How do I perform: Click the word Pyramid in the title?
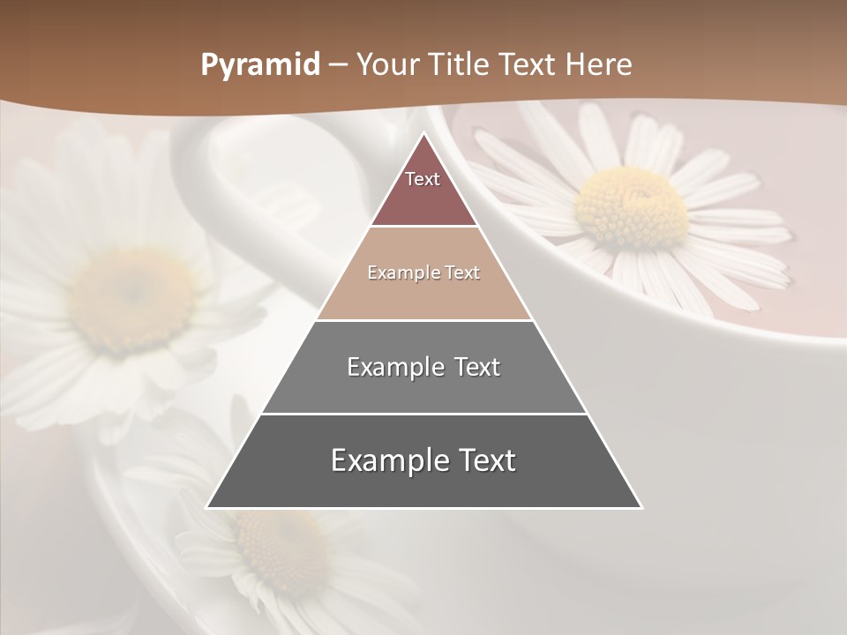260,65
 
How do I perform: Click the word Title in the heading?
460,64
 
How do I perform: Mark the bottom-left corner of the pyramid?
207,507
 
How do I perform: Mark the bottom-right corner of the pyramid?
641,507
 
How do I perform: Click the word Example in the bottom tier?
386,460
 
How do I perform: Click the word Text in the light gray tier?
477,367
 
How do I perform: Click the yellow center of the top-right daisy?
631,208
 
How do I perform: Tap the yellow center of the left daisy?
132,300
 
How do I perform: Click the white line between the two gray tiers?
423,414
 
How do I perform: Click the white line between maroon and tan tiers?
423,227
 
